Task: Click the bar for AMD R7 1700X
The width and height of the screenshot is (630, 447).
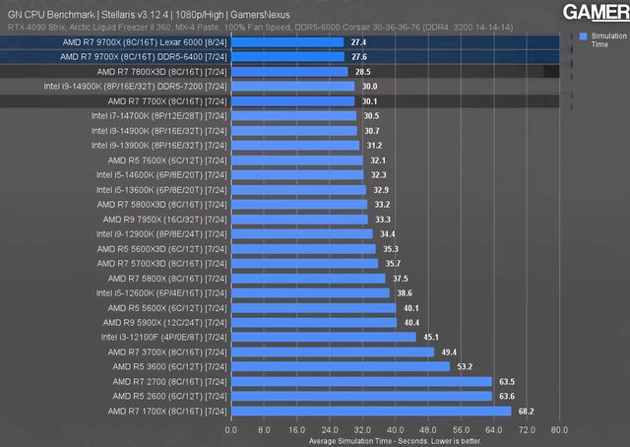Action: [371, 411]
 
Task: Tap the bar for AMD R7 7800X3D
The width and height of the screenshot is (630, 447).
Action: [288, 72]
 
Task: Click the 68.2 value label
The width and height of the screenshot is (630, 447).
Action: [526, 411]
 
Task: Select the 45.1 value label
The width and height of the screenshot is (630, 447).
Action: [431, 337]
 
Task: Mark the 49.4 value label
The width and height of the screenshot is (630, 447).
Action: [449, 351]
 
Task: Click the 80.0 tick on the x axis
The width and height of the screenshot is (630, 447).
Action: [558, 429]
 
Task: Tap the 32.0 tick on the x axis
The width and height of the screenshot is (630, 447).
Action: [361, 429]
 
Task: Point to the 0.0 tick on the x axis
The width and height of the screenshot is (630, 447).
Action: [231, 429]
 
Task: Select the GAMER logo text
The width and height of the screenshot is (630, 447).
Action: [597, 12]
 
